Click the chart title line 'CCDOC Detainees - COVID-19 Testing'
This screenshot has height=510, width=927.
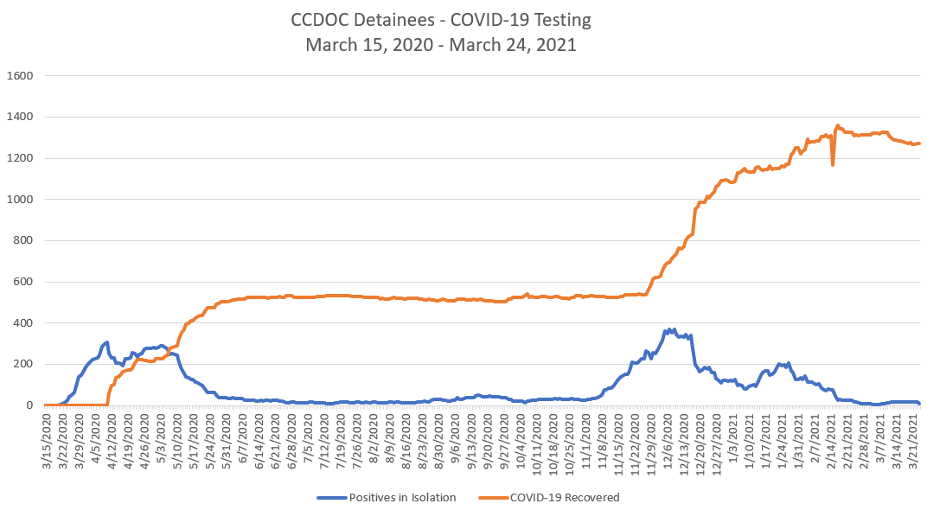point(441,19)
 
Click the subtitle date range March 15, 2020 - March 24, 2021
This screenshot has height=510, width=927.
point(441,45)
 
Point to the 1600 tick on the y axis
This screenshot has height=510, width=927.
point(19,75)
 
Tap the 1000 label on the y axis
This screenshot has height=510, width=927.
point(19,199)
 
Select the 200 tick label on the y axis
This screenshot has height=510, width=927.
point(22,364)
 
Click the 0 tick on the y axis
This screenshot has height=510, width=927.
point(29,405)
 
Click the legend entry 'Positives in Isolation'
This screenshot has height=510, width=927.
point(401,497)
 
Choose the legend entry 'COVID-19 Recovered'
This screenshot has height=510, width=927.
point(565,497)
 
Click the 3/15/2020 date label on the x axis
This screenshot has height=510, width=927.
point(48,441)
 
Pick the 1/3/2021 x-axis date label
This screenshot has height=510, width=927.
point(733,436)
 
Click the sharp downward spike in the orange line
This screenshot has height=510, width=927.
point(833,164)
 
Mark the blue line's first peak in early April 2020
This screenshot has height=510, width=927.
point(107,342)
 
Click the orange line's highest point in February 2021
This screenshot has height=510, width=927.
point(837,125)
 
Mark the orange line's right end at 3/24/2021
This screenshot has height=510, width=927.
point(919,143)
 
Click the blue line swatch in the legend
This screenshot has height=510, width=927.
point(331,497)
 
